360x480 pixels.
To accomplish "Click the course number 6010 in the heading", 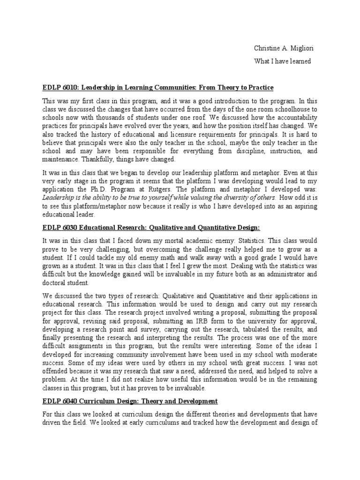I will click(67, 88).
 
